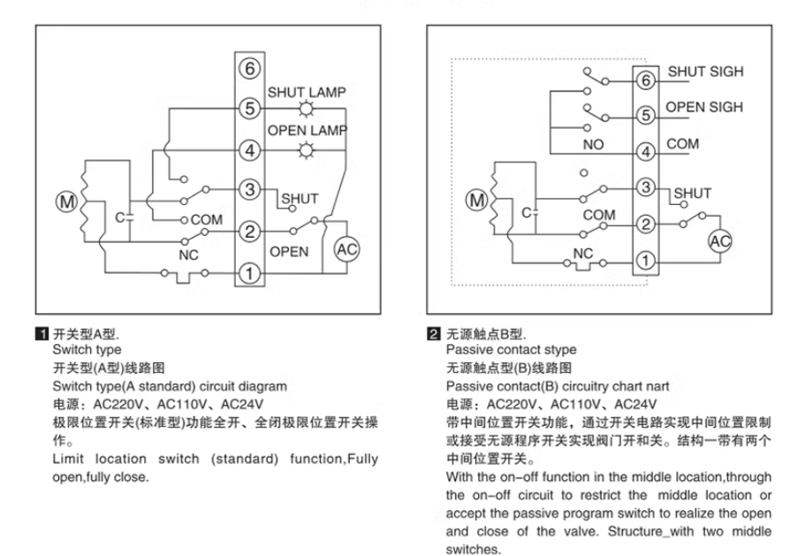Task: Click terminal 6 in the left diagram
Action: tap(251, 67)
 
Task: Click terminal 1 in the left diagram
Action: tap(251, 274)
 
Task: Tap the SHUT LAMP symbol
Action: tap(307, 110)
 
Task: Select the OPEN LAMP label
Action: tap(308, 131)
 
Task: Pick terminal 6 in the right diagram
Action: tap(645, 81)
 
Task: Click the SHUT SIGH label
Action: tap(704, 72)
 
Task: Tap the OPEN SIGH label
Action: tap(704, 107)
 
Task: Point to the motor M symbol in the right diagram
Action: tap(478, 200)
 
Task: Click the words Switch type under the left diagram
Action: tap(87, 349)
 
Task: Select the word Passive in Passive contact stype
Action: tap(470, 350)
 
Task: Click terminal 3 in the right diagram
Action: tap(645, 187)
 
